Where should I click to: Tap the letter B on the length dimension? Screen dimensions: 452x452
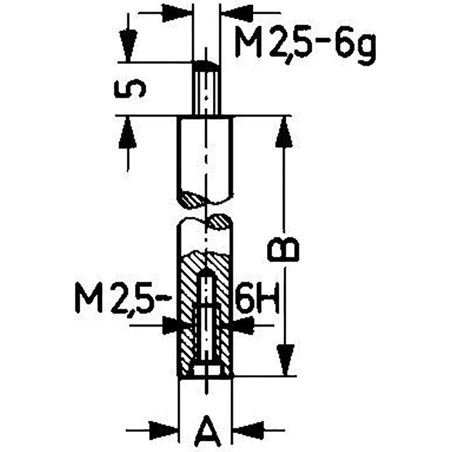coord(284,247)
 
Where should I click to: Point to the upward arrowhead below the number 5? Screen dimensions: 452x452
coord(128,131)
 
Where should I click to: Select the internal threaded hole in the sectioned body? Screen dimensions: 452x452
coord(206,319)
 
